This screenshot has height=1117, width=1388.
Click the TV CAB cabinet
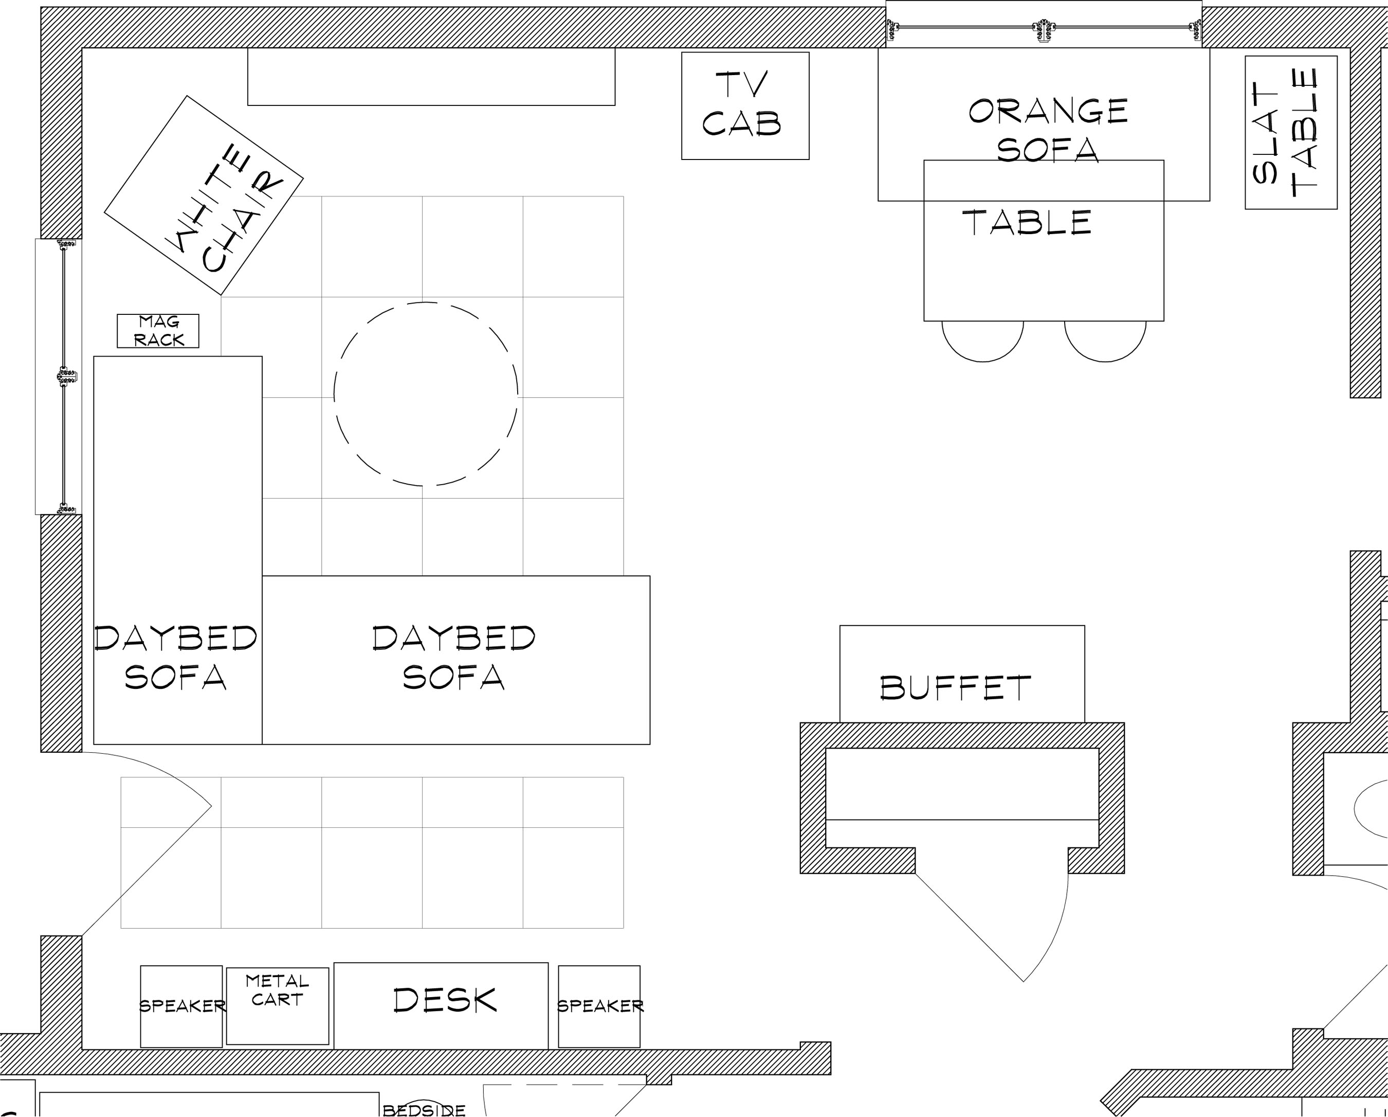tap(745, 105)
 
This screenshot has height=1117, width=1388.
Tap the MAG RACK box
tap(158, 331)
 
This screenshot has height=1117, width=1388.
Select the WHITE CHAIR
tap(204, 195)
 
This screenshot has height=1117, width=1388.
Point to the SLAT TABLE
tap(1291, 133)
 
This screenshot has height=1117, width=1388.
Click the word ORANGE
tap(1048, 112)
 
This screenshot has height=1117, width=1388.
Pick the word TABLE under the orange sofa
tap(1027, 223)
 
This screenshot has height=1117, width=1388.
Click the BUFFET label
tap(955, 688)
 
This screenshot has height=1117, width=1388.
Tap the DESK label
tap(445, 1000)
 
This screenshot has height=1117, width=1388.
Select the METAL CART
tap(278, 1005)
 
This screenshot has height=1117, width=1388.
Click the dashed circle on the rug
tap(426, 302)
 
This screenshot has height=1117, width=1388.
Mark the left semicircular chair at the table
tap(982, 361)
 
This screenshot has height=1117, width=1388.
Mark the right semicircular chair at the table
tap(1105, 361)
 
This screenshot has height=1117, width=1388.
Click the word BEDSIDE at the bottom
tap(424, 1110)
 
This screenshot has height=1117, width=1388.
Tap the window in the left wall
tap(59, 376)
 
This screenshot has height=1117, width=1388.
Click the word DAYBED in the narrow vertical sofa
tap(176, 637)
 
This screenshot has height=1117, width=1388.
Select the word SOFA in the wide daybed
tap(453, 677)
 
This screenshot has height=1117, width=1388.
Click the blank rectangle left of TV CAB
tap(431, 76)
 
